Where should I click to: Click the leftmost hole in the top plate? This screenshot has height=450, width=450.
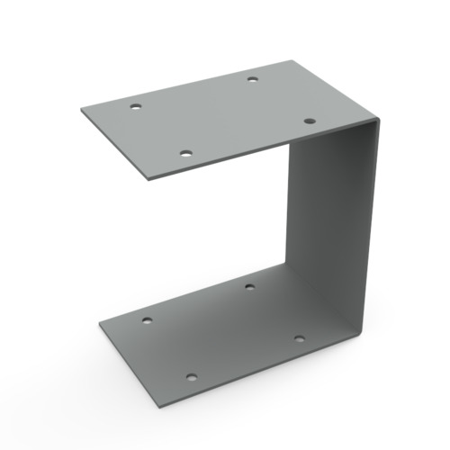(136, 107)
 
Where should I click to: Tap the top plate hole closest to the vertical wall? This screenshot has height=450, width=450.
(309, 121)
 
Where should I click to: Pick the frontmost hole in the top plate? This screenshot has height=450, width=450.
(185, 154)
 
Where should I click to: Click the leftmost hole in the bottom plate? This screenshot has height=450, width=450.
(147, 319)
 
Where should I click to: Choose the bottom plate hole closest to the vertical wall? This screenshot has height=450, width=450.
(300, 339)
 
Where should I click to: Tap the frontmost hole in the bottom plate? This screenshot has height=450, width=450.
(191, 377)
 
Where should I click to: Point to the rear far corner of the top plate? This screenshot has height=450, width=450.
(294, 61)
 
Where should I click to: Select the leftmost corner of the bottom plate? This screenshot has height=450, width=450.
(97, 321)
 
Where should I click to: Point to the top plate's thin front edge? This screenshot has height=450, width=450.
(261, 150)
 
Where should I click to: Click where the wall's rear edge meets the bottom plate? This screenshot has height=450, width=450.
(286, 263)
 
